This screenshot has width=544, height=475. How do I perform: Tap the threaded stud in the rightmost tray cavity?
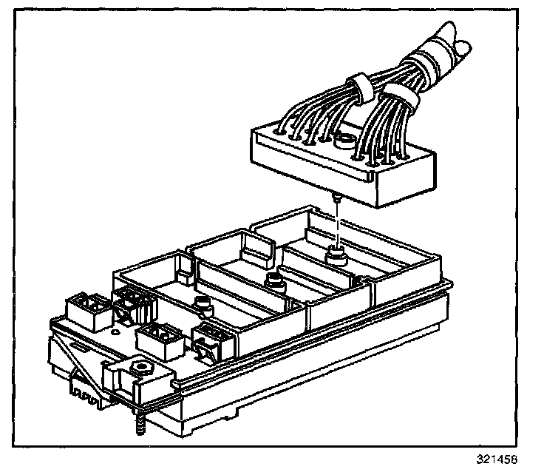click(x=336, y=256)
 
